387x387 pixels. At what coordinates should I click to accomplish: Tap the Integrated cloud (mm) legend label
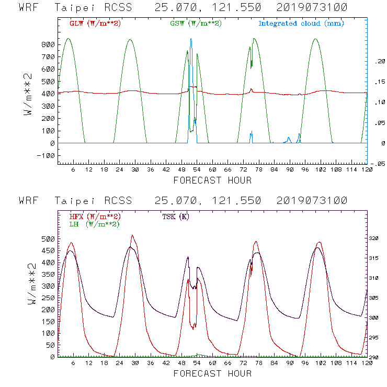coord(301,24)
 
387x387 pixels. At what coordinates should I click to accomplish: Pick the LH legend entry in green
coord(94,224)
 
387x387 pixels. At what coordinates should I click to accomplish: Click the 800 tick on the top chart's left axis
coord(48,45)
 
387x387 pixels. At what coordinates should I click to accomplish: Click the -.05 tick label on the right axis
coord(377,164)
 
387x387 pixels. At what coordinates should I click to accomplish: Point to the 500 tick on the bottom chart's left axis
coord(48,238)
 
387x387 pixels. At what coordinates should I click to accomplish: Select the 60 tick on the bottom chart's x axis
coord(212,364)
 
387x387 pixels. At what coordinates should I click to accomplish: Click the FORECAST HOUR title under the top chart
coord(212,180)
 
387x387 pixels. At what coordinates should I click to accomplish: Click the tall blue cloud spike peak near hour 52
coord(191,39)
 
